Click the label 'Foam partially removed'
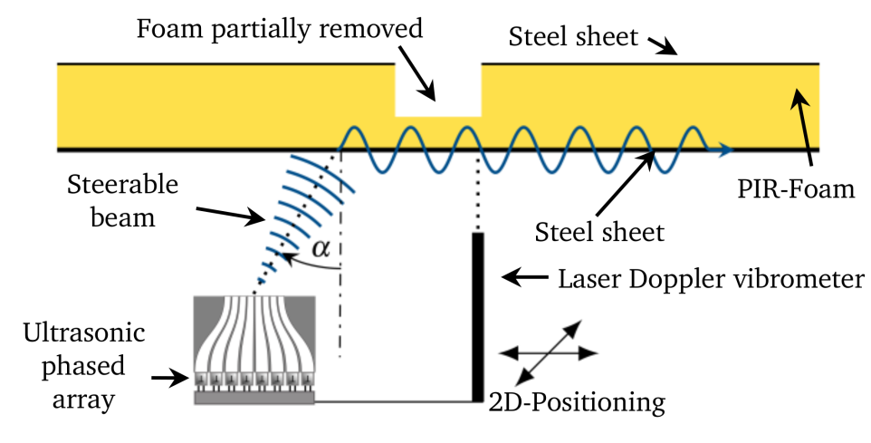click(x=280, y=28)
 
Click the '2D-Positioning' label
click(x=578, y=400)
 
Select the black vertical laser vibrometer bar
click(x=477, y=316)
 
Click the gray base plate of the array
click(x=255, y=397)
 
